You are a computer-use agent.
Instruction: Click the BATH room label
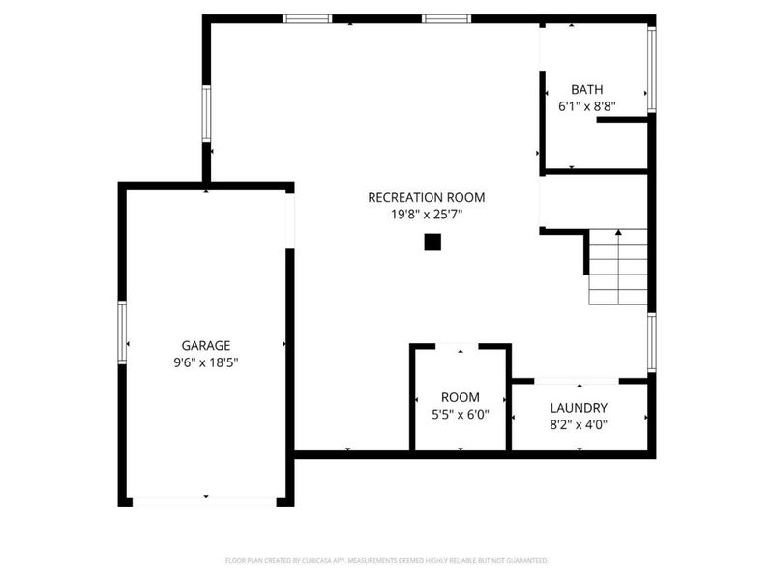pos(587,89)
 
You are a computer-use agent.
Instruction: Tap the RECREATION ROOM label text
pos(426,197)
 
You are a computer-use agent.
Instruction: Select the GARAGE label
pos(206,345)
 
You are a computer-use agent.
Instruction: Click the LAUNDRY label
pos(579,408)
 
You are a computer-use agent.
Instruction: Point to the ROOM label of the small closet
pos(460,397)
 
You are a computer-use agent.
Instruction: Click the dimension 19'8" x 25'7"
pos(426,215)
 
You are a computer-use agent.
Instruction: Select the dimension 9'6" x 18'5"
pos(206,362)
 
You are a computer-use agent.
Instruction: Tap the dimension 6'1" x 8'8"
pos(587,106)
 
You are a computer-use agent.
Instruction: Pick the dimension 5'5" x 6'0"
pos(460,414)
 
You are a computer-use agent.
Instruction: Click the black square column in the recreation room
pos(432,243)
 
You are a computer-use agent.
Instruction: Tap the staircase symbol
pos(617,267)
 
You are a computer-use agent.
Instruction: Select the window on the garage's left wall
pos(123,332)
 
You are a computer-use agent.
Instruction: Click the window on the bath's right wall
pos(651,69)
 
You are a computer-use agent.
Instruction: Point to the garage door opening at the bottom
pos(205,501)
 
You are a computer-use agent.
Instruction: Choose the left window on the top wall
pos(307,18)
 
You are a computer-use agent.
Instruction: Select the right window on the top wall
pos(446,18)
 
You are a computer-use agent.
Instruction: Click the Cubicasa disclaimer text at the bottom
pos(387,560)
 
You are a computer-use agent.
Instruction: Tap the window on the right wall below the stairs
pos(651,342)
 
